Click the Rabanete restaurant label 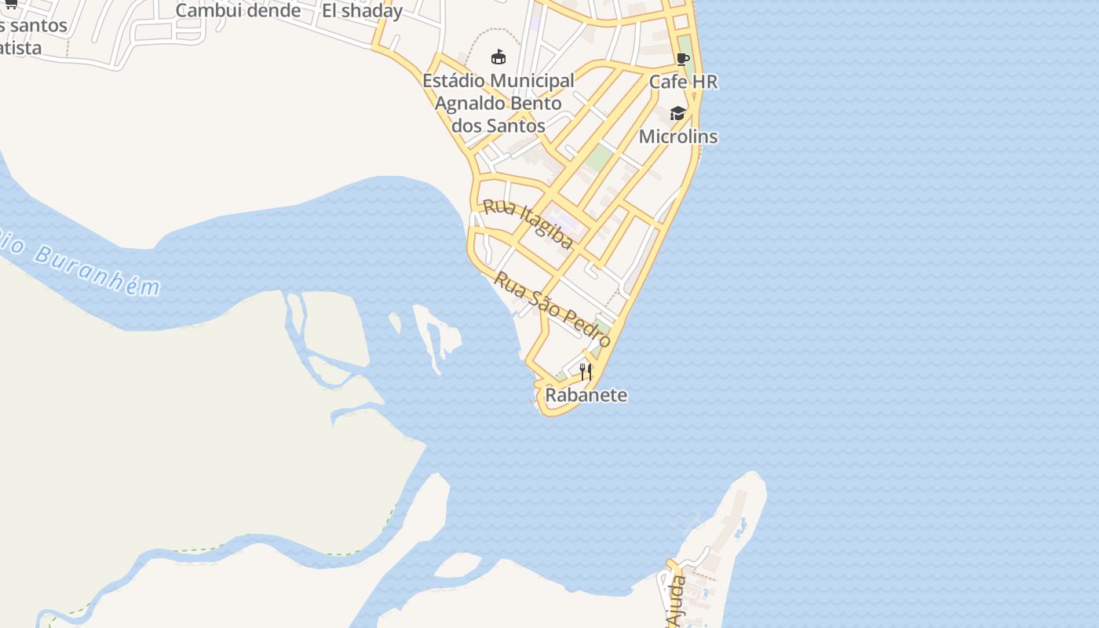[x=586, y=395]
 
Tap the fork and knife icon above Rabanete [x=586, y=371]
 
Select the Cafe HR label [x=683, y=82]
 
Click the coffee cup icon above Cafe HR [x=682, y=59]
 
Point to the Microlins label [x=678, y=137]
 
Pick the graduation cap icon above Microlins [x=677, y=114]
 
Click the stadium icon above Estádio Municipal [x=498, y=57]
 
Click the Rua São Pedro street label [x=553, y=309]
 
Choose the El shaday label [x=362, y=11]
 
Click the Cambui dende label [x=238, y=10]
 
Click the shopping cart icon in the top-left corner [x=11, y=4]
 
